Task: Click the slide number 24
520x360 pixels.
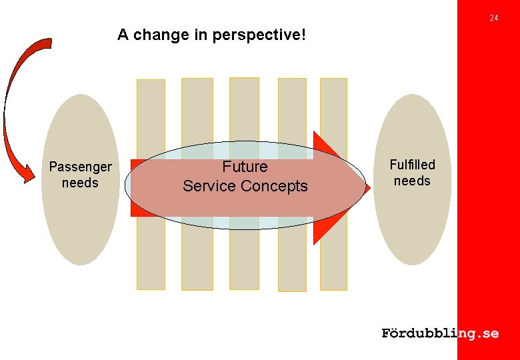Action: tap(493, 18)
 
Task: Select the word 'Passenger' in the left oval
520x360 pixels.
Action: tap(80, 167)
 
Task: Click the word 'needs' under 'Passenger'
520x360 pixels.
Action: tap(80, 183)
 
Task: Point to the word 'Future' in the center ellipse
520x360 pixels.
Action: tap(245, 167)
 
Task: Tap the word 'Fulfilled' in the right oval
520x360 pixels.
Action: tap(412, 165)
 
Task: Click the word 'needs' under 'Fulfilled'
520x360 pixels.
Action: tap(412, 181)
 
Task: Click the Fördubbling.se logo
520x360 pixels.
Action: tap(440, 333)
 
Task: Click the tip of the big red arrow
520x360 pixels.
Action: tap(369, 189)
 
